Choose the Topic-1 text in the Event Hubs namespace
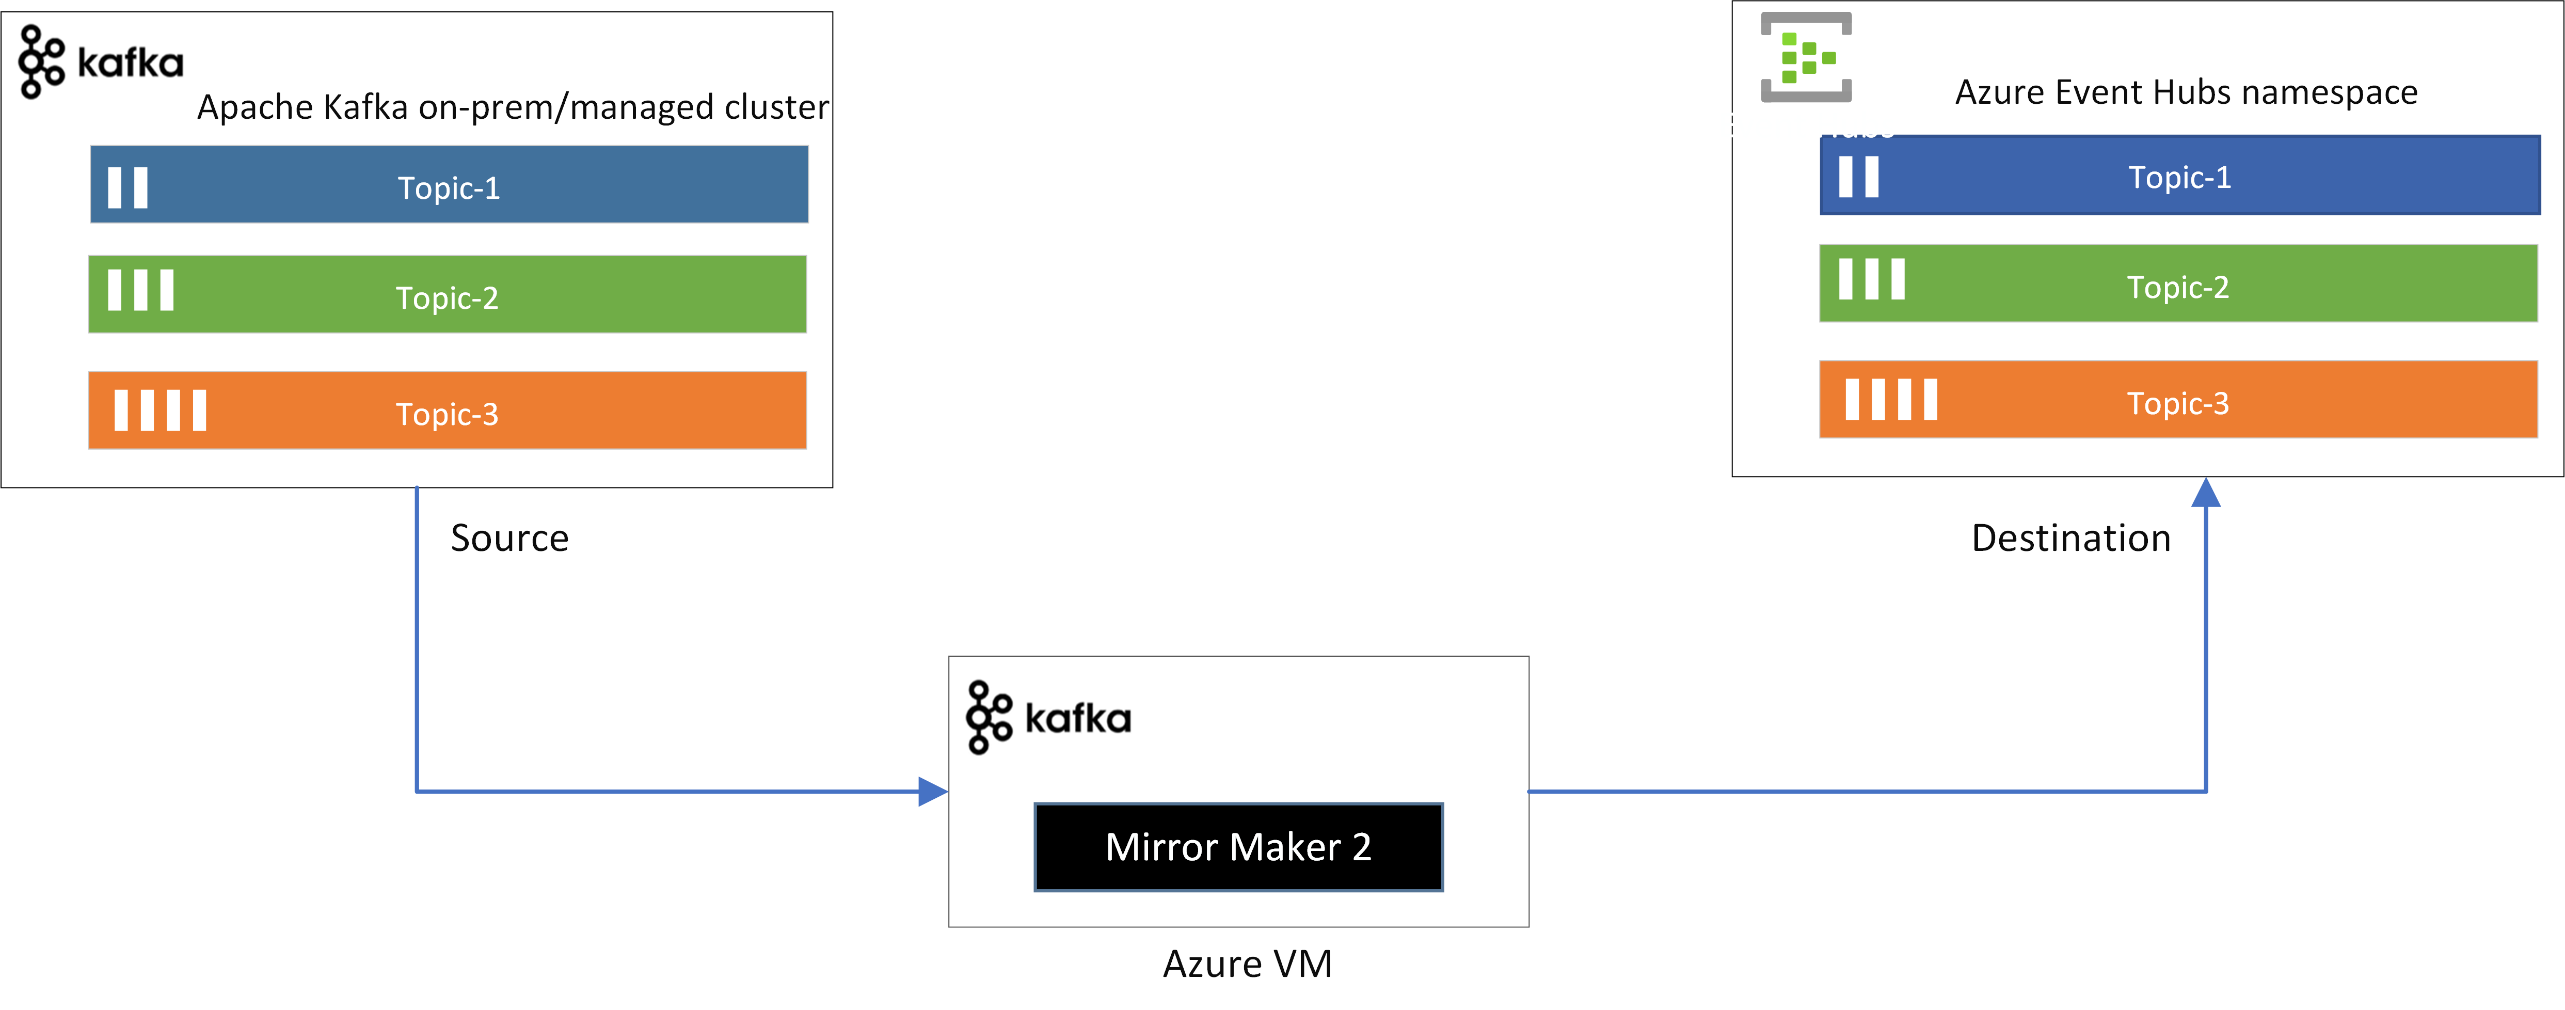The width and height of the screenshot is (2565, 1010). tap(2179, 177)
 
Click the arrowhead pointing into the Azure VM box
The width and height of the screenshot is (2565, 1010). tap(932, 792)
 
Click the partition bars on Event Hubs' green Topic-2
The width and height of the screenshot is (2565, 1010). tap(1871, 279)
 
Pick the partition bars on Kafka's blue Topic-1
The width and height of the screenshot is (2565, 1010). tap(128, 187)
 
